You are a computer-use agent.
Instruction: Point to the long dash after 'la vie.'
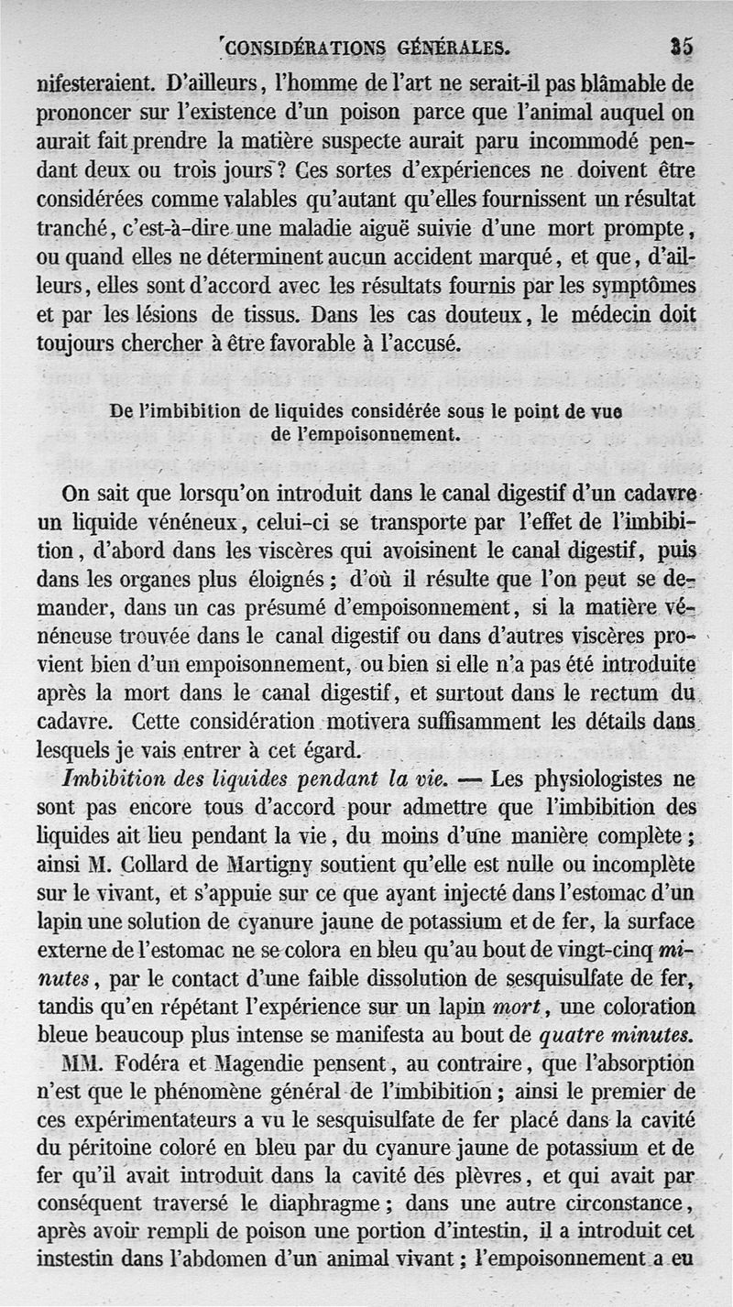[x=469, y=780]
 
